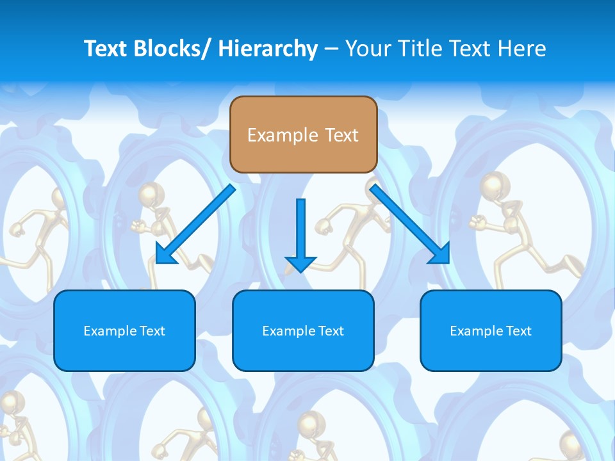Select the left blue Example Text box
124,330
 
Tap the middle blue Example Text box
303,330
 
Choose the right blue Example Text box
491,330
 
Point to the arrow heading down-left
195,224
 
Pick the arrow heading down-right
410,224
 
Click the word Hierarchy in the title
268,49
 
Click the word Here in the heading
523,49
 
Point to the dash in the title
331,49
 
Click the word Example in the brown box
283,135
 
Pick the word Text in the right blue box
518,331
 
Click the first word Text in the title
105,49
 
